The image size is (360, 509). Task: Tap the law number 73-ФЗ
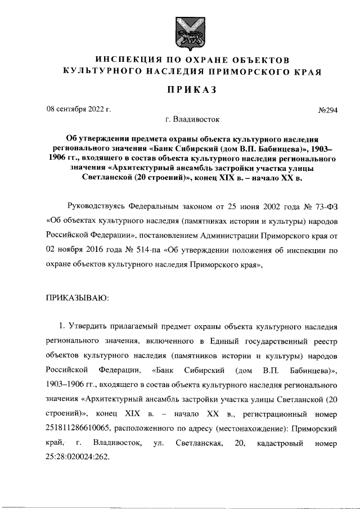tap(325, 218)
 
